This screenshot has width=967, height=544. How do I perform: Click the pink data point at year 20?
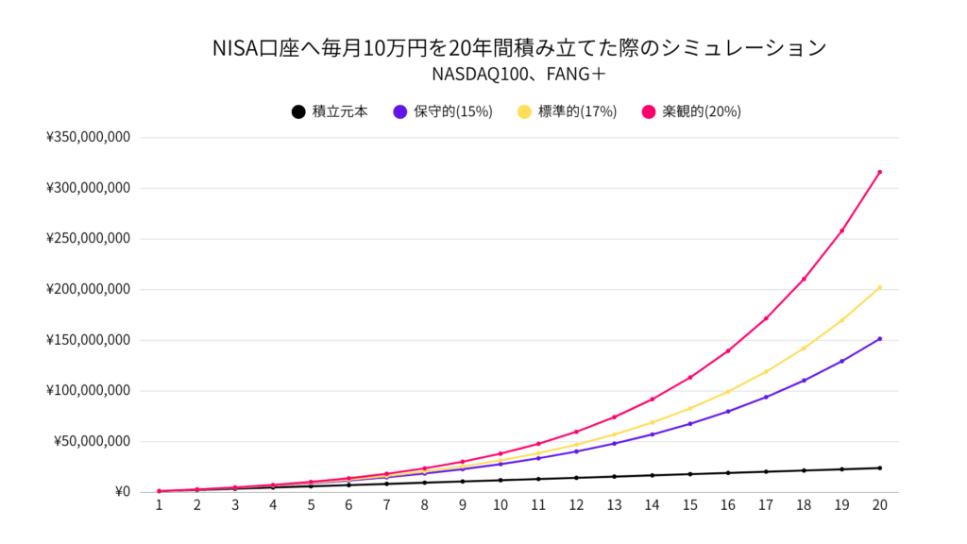879,172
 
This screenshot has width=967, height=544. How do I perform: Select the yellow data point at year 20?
879,288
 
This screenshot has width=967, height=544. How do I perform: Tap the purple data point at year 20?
879,339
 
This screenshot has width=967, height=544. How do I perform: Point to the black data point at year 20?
879,467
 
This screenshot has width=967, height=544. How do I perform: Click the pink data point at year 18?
804,279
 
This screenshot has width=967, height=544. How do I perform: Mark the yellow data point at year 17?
766,371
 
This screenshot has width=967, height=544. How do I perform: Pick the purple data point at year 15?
689,423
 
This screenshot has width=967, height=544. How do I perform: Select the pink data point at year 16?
727,350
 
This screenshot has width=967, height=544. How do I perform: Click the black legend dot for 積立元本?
298,111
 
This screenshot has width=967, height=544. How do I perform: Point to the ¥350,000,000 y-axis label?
87,138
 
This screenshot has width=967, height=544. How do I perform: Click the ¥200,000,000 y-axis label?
87,289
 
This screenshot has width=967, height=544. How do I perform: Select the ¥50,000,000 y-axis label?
91,441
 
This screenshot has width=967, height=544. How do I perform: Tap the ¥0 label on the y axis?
121,491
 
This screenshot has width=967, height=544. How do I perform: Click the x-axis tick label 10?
500,505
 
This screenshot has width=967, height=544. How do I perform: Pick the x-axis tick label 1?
159,505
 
